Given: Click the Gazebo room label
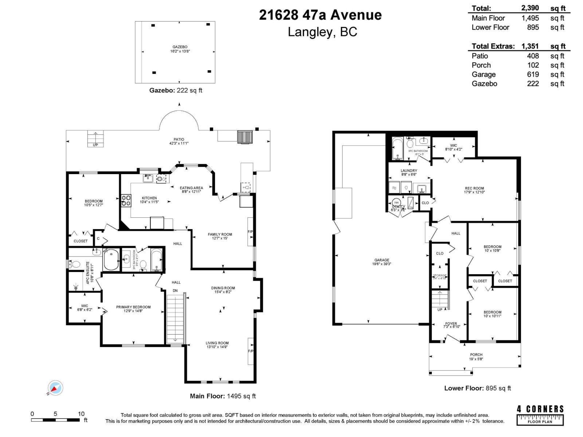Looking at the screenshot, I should point(180,47).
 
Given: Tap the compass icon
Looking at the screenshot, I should point(55,388).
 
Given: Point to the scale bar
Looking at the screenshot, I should point(55,420).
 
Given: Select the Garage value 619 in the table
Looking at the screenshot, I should point(533,74).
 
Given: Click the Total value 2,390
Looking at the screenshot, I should point(530,8).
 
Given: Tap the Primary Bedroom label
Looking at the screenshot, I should point(133,307).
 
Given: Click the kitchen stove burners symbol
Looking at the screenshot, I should point(126,201).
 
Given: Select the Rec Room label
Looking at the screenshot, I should point(474,188).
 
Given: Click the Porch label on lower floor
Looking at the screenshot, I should point(476,355).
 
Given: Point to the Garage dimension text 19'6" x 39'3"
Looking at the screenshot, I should point(382,264).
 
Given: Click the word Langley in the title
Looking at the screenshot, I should point(310,32).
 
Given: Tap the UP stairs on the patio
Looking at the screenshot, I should point(95,139).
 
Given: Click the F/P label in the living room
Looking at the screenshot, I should point(251,351).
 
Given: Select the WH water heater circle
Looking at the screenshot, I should point(396,202).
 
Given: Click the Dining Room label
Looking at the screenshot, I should point(223,288).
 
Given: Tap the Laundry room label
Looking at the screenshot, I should point(409,170).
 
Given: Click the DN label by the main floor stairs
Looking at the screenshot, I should point(175,291).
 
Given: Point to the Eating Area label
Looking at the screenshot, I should point(191,188).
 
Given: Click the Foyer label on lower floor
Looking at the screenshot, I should point(451,323).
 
